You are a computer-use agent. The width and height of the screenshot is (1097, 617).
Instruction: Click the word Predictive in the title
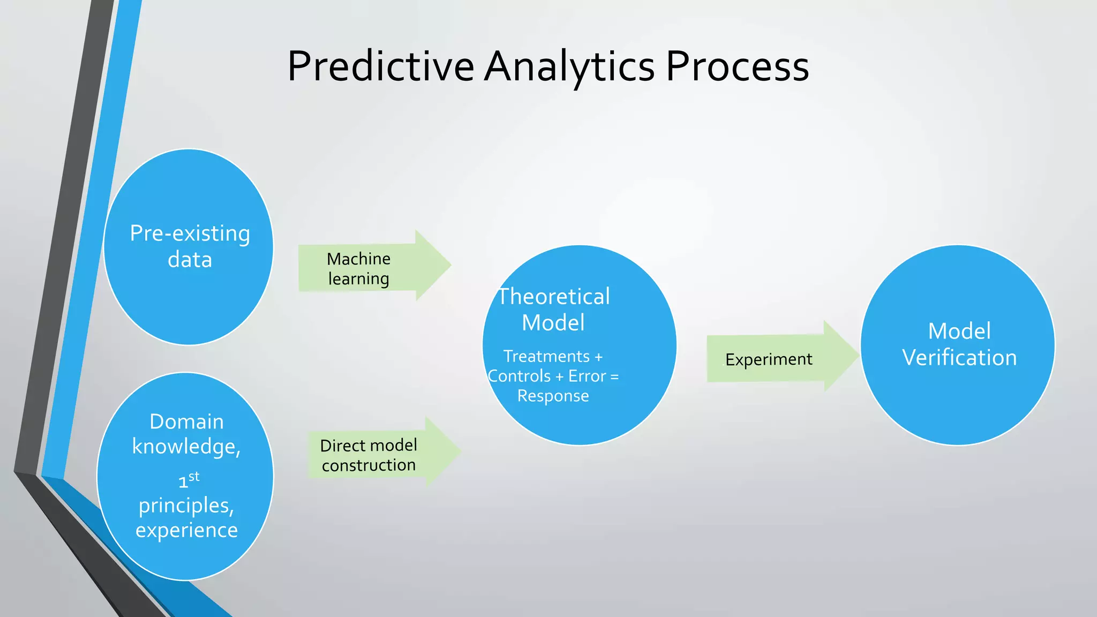[x=380, y=66]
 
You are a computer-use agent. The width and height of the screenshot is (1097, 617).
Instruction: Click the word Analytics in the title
[x=569, y=66]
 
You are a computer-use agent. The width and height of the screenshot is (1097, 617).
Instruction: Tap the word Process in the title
[x=737, y=66]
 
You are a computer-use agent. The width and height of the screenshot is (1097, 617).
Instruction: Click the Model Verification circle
[x=958, y=396]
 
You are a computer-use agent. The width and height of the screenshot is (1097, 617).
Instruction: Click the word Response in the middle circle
[x=553, y=396]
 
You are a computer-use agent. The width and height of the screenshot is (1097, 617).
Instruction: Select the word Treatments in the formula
[x=546, y=356]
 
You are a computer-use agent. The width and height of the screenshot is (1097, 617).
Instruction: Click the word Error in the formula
[x=587, y=377]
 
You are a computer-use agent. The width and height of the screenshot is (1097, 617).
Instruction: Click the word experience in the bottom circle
[x=186, y=530]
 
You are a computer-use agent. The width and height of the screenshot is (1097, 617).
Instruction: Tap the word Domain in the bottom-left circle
[x=186, y=422]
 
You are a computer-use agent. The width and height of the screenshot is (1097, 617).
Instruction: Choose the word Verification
[x=959, y=358]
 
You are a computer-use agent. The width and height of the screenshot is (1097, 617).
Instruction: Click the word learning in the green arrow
[x=358, y=279]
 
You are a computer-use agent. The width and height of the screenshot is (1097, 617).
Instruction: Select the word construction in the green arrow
[x=369, y=465]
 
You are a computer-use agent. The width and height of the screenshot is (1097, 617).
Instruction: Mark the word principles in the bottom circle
[x=185, y=506]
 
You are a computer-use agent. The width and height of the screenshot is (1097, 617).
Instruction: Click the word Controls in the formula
[x=519, y=377]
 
